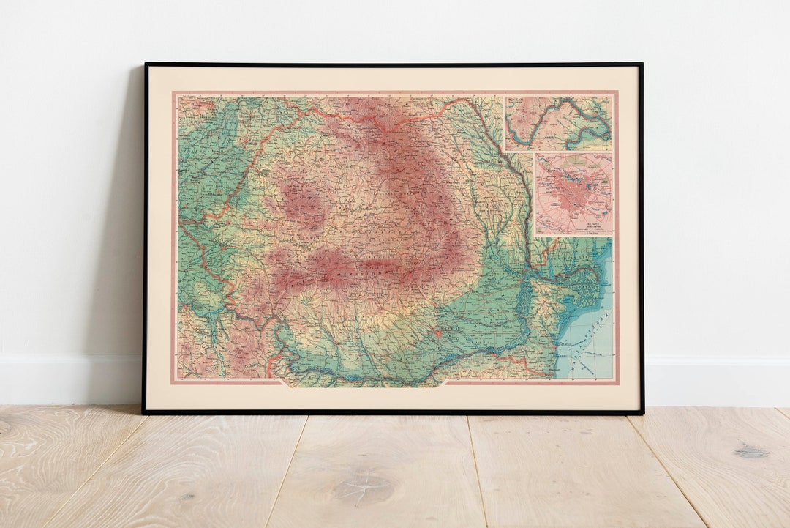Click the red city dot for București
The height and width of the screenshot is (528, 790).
coord(437,333)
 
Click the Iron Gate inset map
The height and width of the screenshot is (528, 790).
coord(558,122)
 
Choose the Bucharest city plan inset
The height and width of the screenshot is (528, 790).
coord(574,193)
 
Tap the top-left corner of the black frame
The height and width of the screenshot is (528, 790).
coord(146,64)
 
